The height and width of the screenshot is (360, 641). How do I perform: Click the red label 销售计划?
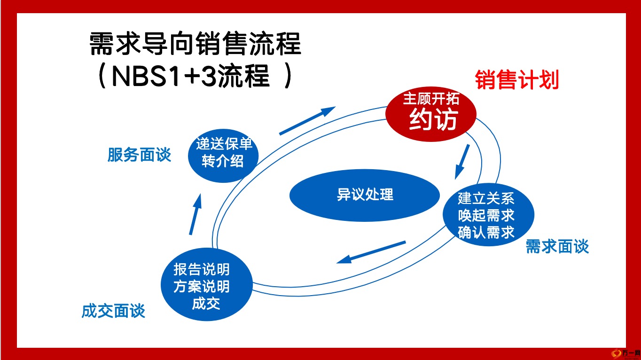tap(517, 80)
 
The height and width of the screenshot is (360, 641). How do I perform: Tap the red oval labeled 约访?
tap(431, 114)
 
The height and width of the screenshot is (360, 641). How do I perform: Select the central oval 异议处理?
tap(365, 195)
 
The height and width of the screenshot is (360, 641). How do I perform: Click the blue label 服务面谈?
tap(139, 155)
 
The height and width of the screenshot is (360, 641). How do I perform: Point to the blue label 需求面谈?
tap(557, 246)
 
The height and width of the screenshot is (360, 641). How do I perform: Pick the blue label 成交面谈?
tap(113, 311)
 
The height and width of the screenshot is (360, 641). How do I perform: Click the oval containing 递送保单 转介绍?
tap(223, 156)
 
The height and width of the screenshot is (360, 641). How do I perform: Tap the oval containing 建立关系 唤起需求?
tap(488, 215)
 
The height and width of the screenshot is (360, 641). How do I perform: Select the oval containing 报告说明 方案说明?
tap(207, 284)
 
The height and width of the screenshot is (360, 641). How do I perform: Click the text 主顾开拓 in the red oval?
tap(431, 99)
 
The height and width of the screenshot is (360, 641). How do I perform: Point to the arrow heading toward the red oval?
tap(307, 120)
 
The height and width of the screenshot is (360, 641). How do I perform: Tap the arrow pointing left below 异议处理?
tap(371, 252)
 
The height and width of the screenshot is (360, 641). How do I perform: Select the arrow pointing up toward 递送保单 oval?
tap(195, 214)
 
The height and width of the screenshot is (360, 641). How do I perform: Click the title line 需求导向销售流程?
tap(195, 43)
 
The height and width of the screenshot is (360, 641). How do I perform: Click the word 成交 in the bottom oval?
tap(206, 304)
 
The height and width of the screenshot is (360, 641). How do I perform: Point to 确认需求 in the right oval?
tap(486, 232)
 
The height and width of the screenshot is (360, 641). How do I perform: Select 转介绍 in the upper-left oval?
tap(223, 161)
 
